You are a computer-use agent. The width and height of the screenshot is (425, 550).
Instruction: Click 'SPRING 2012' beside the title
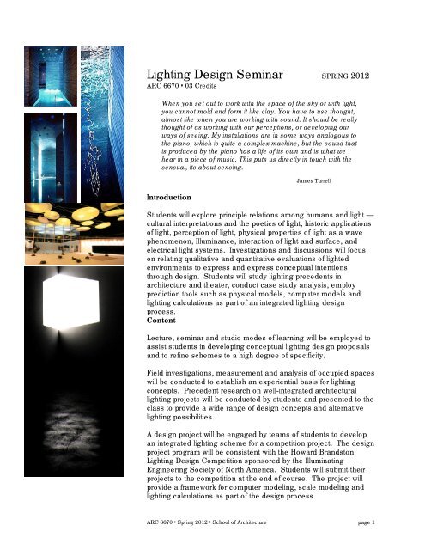coord(345,77)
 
